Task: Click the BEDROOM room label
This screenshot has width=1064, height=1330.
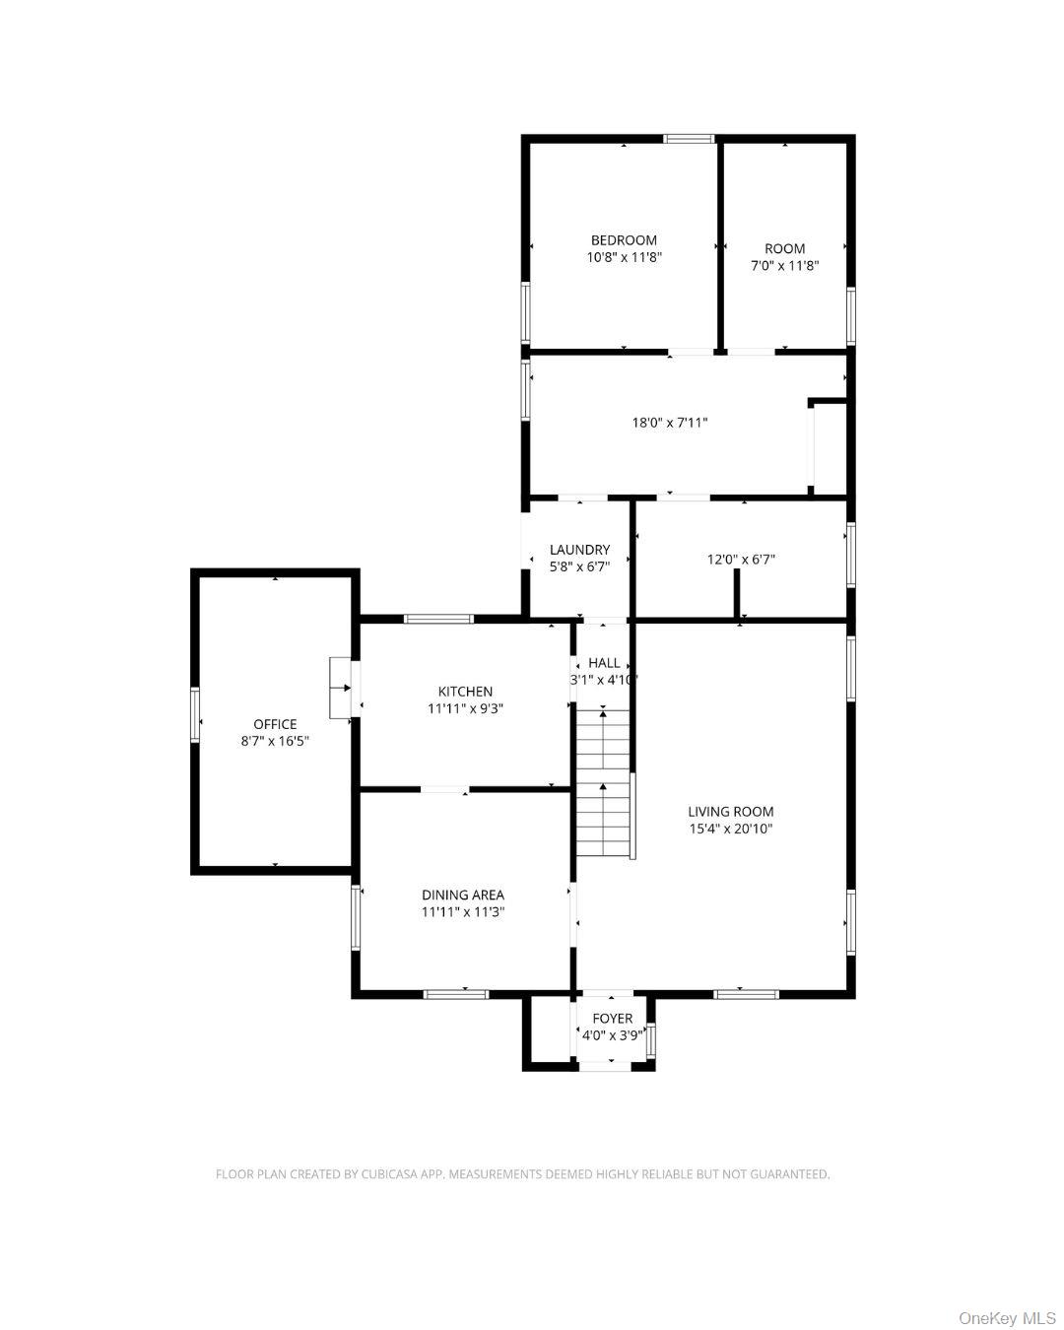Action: pyautogui.click(x=624, y=240)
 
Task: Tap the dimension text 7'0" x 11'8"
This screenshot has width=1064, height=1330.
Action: pyautogui.click(x=784, y=266)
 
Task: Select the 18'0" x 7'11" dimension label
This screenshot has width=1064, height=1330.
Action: pyautogui.click(x=670, y=423)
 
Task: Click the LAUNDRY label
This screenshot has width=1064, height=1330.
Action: pyautogui.click(x=579, y=550)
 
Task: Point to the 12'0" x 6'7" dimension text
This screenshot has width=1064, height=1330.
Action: pyautogui.click(x=741, y=559)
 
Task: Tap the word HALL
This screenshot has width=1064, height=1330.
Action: pyautogui.click(x=604, y=663)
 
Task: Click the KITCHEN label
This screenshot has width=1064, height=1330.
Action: pyautogui.click(x=465, y=692)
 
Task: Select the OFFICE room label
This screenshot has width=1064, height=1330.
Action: pyautogui.click(x=275, y=724)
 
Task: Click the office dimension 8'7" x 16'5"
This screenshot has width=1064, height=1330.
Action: pyautogui.click(x=275, y=741)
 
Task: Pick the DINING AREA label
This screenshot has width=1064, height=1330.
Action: pyautogui.click(x=463, y=895)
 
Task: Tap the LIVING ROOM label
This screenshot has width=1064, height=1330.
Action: pyautogui.click(x=731, y=812)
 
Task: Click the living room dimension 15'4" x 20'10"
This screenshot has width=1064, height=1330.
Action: pyautogui.click(x=731, y=829)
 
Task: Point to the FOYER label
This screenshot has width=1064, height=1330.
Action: pyautogui.click(x=612, y=1019)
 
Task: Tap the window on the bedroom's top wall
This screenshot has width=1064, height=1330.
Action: pyautogui.click(x=689, y=139)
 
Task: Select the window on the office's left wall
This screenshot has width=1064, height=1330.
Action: pyautogui.click(x=195, y=714)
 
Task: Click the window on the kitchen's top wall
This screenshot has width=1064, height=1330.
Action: pyautogui.click(x=438, y=619)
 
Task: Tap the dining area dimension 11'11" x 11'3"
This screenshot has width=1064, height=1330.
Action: pyautogui.click(x=463, y=912)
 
